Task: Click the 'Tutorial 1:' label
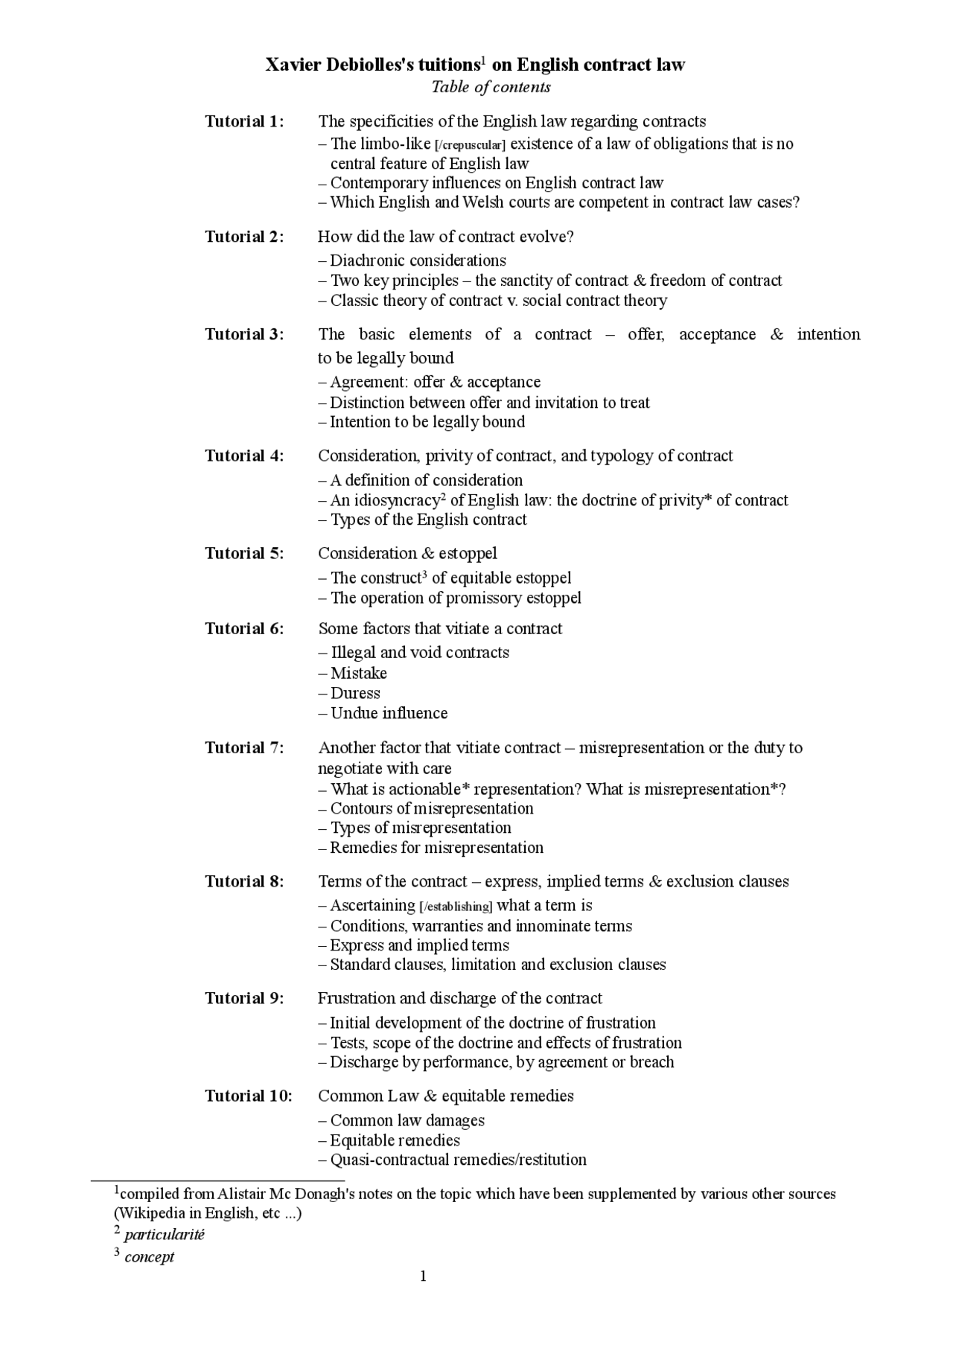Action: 244,121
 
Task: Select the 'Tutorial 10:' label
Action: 249,1096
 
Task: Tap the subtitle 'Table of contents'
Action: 491,87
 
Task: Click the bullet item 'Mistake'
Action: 358,673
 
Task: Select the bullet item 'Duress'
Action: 355,693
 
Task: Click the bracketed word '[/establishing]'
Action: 456,907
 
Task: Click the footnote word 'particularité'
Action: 164,1234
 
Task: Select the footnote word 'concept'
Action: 149,1256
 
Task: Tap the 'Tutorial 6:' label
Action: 244,628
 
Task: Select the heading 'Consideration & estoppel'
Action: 407,553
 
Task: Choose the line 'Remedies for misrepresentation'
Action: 436,848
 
